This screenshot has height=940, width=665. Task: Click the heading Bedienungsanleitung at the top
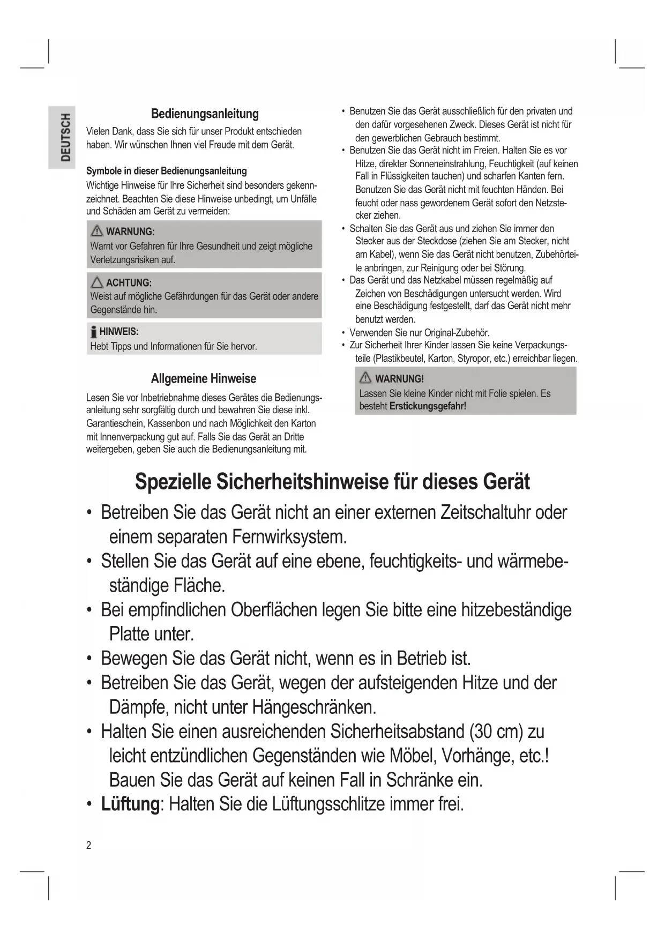(x=205, y=114)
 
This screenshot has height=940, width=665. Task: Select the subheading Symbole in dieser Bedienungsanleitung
(x=167, y=171)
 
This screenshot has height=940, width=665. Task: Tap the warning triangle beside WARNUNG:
(x=97, y=231)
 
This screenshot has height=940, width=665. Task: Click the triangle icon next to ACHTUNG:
(x=97, y=282)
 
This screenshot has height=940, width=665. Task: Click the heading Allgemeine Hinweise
(x=204, y=378)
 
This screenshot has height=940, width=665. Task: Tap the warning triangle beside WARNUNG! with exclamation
(x=366, y=378)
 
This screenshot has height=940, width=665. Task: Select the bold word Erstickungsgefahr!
(x=428, y=406)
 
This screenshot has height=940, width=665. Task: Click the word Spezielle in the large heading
(x=172, y=481)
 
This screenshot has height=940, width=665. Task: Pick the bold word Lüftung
(x=130, y=804)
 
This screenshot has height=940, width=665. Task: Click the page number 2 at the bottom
(x=89, y=845)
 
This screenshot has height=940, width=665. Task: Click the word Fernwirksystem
(x=290, y=536)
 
